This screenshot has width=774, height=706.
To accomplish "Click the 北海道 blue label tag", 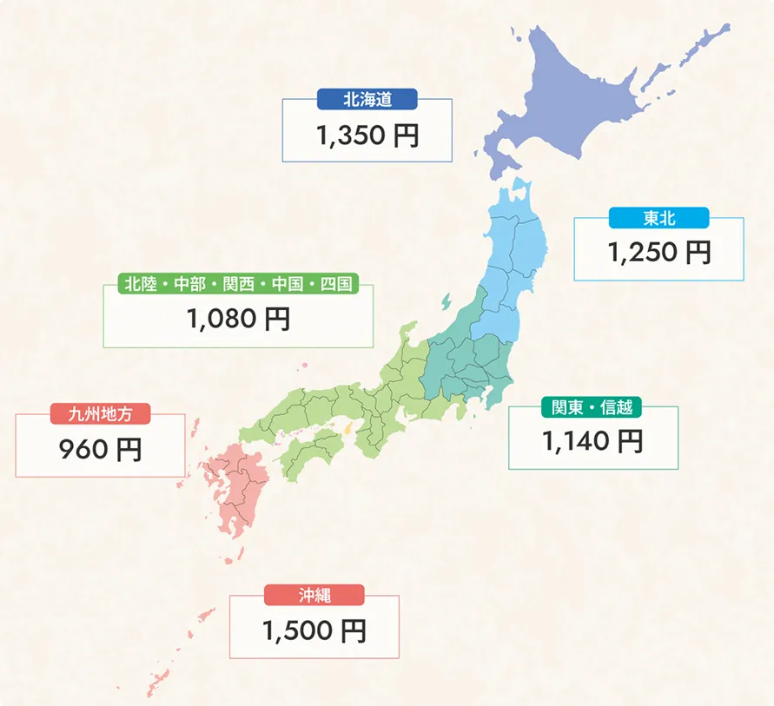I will [x=367, y=100].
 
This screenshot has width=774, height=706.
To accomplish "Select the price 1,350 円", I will [x=367, y=136].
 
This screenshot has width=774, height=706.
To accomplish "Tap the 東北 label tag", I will [x=658, y=218].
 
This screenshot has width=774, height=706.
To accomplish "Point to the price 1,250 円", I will [x=658, y=253].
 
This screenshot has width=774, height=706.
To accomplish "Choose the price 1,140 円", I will [x=592, y=442].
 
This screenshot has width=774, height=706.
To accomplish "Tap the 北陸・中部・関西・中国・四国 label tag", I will [x=237, y=284].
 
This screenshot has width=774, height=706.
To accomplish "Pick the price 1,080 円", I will [x=238, y=320].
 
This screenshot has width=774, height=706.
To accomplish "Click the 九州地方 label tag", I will [x=101, y=414].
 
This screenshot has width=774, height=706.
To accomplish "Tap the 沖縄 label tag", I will [x=314, y=595].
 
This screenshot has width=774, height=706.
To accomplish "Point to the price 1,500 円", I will [x=314, y=630].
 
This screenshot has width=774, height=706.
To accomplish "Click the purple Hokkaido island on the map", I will [x=591, y=96].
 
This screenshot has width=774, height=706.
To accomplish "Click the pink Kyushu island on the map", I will [x=235, y=486].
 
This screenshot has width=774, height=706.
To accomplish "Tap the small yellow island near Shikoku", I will [x=347, y=428].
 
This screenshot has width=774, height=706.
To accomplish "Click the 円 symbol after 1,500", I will [x=354, y=630].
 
